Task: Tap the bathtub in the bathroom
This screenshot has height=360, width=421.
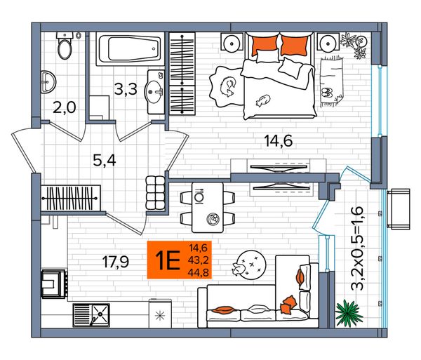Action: click(x=130, y=49)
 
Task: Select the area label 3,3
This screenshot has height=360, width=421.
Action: click(x=126, y=89)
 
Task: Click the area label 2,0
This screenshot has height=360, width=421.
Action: click(x=65, y=108)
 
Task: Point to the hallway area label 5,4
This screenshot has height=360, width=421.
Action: click(x=105, y=161)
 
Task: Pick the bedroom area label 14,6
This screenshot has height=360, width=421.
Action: click(x=279, y=141)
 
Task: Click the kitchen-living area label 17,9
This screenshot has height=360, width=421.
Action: click(x=116, y=262)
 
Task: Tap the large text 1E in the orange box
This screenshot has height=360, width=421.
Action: click(x=168, y=260)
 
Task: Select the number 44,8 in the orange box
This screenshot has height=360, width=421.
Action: click(x=199, y=273)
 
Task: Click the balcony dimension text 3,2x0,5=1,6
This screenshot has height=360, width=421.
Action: click(x=357, y=248)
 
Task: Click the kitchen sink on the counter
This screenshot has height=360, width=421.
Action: click(x=91, y=315)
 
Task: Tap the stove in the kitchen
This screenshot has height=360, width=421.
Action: click(x=54, y=284)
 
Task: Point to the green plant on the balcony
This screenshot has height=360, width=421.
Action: click(x=349, y=313)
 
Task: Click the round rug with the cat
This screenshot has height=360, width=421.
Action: click(x=250, y=264)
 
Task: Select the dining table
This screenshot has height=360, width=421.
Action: click(x=208, y=208)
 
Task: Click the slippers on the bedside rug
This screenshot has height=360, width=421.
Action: click(x=327, y=92)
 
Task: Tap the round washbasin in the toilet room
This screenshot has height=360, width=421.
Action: click(x=48, y=82)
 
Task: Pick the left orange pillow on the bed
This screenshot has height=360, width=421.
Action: click(x=265, y=45)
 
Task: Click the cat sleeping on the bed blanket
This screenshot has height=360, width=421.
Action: click(x=263, y=100)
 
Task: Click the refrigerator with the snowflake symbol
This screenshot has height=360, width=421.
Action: click(x=160, y=314)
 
